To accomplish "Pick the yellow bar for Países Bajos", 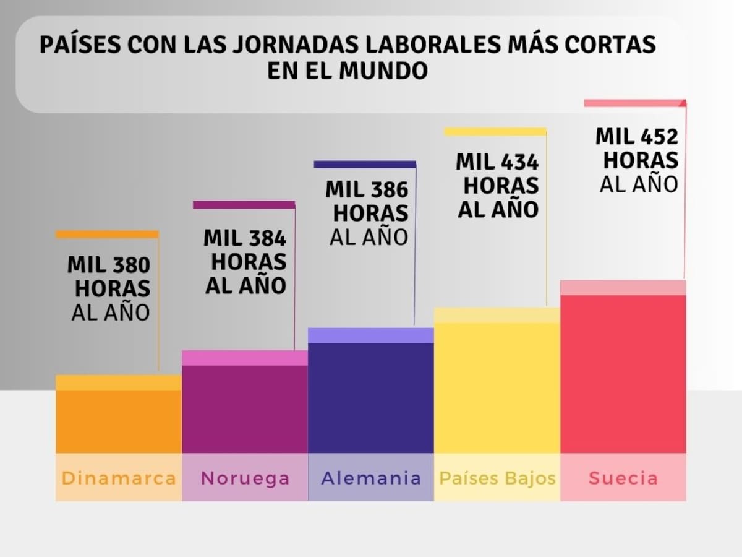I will pos(497,384).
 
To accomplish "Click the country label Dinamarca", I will pos(119,478).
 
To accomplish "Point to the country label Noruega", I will pos(245,478).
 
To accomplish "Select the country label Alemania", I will pos(371,478).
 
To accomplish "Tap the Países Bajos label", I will pos(497,478).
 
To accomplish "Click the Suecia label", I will pos(623,478).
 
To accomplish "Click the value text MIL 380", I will pos(109,265).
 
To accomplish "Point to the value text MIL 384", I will pos(245,238).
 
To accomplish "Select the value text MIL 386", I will pos(367,189).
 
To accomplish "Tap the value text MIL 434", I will pos(497,162).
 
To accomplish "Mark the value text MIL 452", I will pos(637,136).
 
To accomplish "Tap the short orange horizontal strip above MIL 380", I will pos(107,235).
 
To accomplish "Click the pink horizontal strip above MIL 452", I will pos(634,103).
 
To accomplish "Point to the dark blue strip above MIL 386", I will pos(365,165).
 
